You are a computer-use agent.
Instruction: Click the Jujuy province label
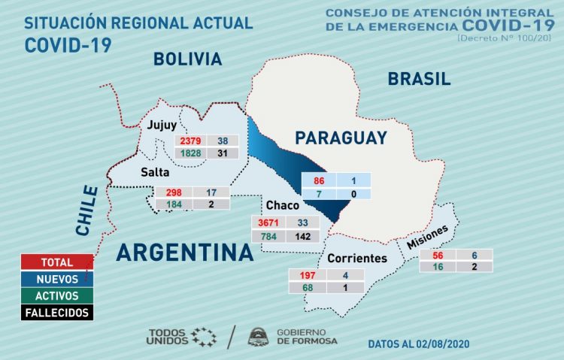(162, 125)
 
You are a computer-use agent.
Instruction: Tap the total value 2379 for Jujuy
(189, 141)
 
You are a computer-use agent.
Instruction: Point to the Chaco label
(282, 205)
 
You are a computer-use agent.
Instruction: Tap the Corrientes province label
(356, 259)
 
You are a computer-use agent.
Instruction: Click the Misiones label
(428, 238)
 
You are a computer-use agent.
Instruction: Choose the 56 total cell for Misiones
(434, 255)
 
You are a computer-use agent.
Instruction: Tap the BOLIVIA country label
(187, 59)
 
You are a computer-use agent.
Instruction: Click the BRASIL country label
(419, 79)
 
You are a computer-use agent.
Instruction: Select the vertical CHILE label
(88, 210)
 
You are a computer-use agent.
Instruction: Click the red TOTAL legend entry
(56, 262)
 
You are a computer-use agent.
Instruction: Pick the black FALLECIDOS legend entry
(56, 312)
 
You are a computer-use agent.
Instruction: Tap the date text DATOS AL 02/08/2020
(418, 343)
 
